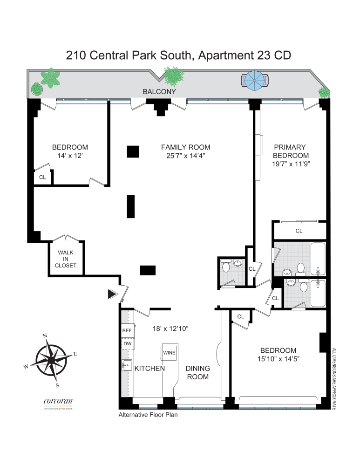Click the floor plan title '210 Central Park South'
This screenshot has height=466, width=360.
[130, 55]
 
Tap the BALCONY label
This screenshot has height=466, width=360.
[159, 92]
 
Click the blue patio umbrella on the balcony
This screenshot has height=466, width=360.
[255, 81]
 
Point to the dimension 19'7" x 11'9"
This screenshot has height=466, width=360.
[291, 164]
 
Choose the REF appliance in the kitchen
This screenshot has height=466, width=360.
[127, 330]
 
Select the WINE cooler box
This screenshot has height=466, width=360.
[169, 353]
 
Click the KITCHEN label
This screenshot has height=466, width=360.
[149, 369]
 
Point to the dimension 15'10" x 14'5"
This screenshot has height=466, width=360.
[278, 359]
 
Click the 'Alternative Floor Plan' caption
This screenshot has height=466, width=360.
[148, 414]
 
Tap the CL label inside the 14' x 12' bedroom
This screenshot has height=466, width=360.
[42, 177]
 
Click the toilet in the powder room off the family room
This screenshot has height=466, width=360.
[226, 267]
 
